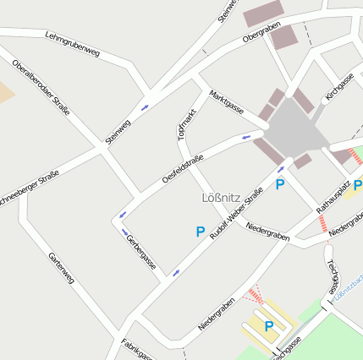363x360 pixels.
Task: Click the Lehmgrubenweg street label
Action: click(73, 46)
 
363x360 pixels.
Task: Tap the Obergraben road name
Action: click(261, 33)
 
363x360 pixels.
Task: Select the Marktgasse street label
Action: click(227, 104)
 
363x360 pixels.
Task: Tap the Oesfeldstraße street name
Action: click(183, 169)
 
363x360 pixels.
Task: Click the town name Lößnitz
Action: click(223, 199)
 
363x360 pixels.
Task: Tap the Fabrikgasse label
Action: click(136, 348)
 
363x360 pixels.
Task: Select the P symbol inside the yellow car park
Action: click(268, 325)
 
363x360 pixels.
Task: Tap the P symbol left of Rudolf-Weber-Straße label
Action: click(201, 231)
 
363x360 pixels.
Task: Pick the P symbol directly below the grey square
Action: click(280, 183)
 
